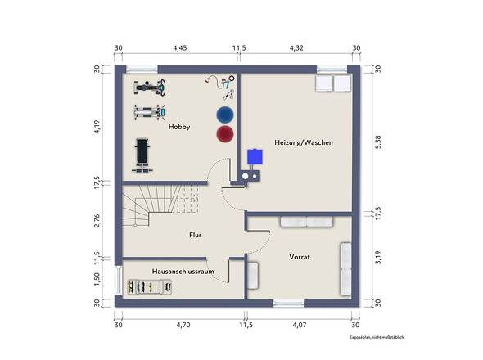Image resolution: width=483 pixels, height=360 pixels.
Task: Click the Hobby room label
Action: (x=179, y=127)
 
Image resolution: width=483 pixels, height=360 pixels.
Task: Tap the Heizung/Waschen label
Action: (x=304, y=142)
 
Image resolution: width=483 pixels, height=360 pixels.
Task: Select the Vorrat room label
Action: (x=300, y=257)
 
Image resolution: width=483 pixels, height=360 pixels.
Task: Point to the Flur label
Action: (x=196, y=235)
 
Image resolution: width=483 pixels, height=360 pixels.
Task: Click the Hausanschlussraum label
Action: (x=183, y=272)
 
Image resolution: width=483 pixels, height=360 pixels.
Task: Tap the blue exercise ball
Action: (x=225, y=115)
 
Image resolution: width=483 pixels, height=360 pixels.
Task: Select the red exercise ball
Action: (x=225, y=134)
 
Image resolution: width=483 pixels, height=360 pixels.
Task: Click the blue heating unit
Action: (x=255, y=157)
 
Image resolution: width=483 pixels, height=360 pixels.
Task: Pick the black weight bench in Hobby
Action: (x=142, y=155)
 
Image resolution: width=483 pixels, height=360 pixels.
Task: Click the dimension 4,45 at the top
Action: (x=179, y=48)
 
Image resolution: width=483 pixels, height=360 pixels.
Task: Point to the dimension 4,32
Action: (x=296, y=48)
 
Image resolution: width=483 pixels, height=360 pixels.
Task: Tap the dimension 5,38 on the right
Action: (x=378, y=142)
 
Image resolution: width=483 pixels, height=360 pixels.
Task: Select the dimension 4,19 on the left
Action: (x=97, y=127)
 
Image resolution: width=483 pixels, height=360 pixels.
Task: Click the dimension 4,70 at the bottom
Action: (x=183, y=325)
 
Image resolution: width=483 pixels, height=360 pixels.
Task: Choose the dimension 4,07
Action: (x=300, y=325)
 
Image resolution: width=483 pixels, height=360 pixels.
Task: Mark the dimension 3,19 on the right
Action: (x=378, y=258)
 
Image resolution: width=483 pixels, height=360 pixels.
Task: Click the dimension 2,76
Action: (x=97, y=220)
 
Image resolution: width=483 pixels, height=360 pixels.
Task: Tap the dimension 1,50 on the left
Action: (x=97, y=279)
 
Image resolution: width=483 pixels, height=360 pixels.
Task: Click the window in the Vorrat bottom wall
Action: (x=288, y=304)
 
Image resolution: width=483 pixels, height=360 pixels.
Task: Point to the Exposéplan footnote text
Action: (x=377, y=338)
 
